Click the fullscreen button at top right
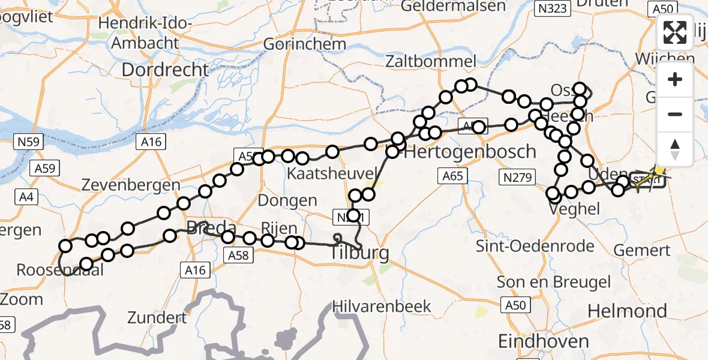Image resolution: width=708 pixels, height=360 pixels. point(675,32)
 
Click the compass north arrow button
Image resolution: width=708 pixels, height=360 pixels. point(675,149)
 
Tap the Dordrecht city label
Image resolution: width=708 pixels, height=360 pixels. point(165,70)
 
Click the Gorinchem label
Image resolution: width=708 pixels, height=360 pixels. point(304,44)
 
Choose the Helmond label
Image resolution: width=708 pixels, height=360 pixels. point(627,311)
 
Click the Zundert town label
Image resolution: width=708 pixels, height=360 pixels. point(157,317)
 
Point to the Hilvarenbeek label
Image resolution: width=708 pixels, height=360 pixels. point(384,306)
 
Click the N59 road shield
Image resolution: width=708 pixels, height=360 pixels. point(27,142)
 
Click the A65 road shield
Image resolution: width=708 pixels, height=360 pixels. point(453,176)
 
